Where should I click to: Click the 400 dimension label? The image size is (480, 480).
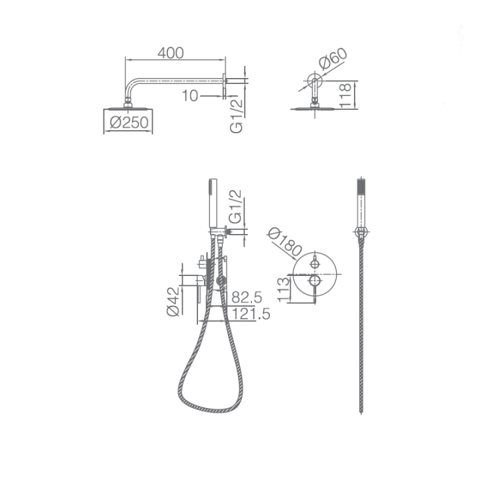[x=171, y=53]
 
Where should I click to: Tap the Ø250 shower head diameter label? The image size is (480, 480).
[x=129, y=123]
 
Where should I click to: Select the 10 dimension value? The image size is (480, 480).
[x=190, y=96]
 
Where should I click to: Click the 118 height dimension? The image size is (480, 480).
[x=345, y=95]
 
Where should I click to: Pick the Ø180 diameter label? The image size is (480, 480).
[x=285, y=242]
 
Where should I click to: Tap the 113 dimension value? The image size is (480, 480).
[x=283, y=289]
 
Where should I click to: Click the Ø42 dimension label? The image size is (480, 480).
[x=173, y=301]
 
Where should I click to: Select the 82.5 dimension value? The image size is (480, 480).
[x=247, y=297]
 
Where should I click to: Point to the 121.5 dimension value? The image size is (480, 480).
[x=251, y=314]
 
